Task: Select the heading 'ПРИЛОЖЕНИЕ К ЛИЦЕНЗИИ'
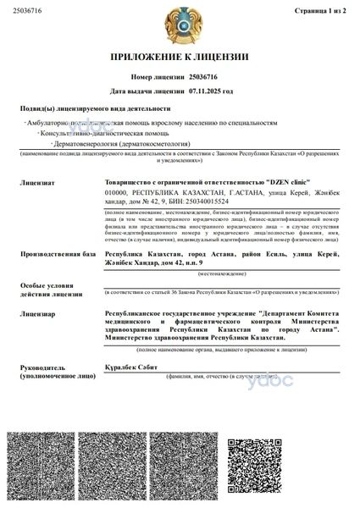[x=180, y=57]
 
